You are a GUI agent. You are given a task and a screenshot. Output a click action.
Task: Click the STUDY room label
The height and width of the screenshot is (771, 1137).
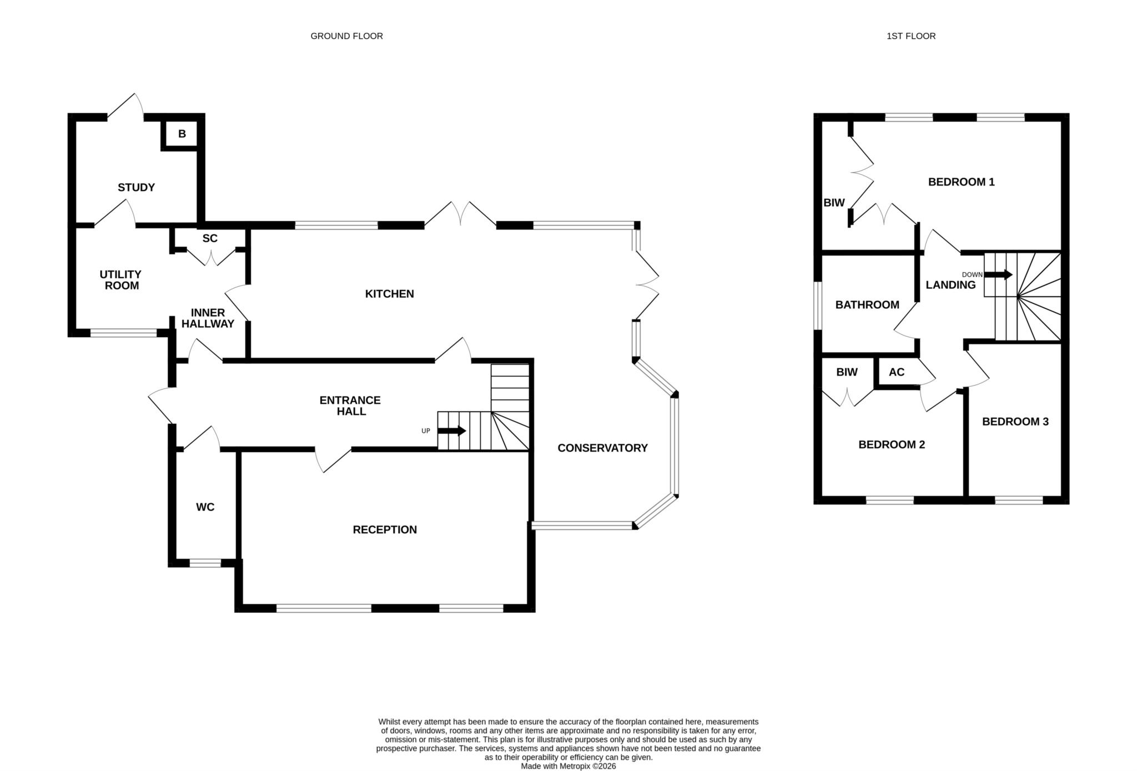coord(136,187)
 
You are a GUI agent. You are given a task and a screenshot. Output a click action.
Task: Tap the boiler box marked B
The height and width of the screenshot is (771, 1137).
coord(182,134)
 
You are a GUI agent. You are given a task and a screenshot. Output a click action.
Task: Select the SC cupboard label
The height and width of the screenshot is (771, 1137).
coord(210,238)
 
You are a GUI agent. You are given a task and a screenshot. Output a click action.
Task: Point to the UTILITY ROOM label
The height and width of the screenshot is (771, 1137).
coord(120,280)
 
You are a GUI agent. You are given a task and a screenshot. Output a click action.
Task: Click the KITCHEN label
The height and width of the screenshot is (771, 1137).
coord(389,294)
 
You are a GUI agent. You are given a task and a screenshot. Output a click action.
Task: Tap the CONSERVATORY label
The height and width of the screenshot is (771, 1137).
coord(602,448)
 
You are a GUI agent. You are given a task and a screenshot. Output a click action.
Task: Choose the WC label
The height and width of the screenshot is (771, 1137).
coord(205,507)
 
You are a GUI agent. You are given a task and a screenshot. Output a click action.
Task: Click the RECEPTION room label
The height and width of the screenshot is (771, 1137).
coord(385,530)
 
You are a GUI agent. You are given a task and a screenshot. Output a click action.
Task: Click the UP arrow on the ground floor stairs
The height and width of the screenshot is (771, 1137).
coord(452,431)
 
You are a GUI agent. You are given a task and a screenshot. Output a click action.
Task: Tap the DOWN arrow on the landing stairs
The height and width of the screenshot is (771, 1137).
coord(998,274)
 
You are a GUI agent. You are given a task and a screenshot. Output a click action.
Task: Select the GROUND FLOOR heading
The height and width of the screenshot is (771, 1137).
coord(346,36)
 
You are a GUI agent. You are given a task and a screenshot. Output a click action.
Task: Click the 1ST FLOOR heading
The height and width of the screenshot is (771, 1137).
coord(911,36)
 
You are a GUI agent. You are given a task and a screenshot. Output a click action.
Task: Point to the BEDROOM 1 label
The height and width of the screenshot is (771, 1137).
coord(962,182)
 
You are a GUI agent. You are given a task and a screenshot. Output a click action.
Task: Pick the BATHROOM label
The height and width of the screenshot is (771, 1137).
coord(867,305)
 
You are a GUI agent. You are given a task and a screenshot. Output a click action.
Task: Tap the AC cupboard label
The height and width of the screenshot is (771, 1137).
coord(897,372)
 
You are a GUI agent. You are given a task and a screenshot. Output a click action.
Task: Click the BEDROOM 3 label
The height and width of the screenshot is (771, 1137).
coord(1015,422)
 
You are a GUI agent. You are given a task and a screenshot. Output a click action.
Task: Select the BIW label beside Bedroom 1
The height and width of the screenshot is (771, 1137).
coord(834,203)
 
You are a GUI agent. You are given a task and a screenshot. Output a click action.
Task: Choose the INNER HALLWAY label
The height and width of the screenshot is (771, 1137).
coord(208,318)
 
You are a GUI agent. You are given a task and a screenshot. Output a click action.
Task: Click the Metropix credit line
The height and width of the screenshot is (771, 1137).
coord(568,766)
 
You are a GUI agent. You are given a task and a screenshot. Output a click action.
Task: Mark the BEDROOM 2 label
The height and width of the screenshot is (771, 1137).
coord(892,444)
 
